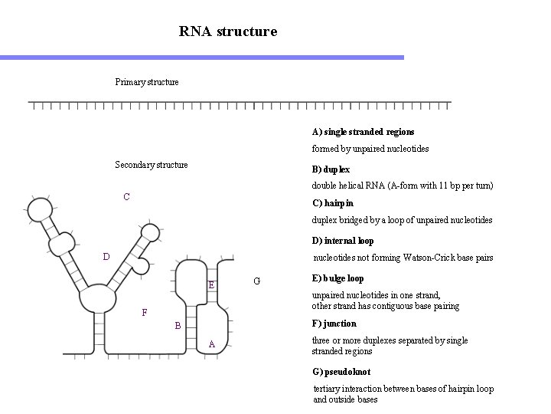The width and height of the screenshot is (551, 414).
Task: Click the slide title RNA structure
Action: tap(228, 31)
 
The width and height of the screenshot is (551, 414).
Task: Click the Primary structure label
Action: tap(147, 82)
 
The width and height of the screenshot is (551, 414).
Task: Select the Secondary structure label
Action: tap(151, 165)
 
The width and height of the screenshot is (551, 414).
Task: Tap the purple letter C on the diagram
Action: tap(127, 197)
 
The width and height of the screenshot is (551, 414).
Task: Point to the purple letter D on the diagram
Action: tap(107, 256)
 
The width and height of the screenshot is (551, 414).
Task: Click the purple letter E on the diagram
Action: tap(212, 286)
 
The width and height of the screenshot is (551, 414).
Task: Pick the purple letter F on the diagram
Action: tap(145, 313)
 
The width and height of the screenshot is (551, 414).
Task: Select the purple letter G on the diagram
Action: tap(257, 281)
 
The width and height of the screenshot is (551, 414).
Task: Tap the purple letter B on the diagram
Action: tap(178, 327)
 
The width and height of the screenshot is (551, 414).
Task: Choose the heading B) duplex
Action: tap(331, 169)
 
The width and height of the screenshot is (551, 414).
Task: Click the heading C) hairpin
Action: tap(333, 204)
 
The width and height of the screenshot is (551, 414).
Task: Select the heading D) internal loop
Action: tap(343, 241)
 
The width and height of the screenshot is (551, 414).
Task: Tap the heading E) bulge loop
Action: tap(338, 278)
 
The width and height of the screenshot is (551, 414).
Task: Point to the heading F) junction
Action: tap(334, 324)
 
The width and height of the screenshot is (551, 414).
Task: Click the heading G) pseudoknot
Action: tap(341, 372)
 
